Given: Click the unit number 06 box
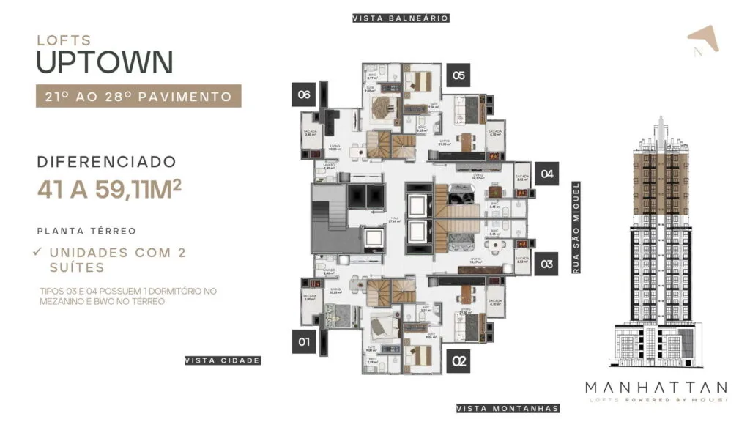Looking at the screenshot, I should click(x=304, y=95).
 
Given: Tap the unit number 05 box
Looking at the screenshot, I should click(x=458, y=75).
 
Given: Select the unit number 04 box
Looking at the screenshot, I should click(x=546, y=174).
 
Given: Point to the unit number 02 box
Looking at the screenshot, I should click(x=459, y=360).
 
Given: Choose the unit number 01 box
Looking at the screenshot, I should click(x=304, y=341).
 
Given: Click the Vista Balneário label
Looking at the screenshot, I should click(x=400, y=18).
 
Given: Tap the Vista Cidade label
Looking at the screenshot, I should click(x=223, y=360).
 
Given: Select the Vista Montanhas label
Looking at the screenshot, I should click(x=507, y=408).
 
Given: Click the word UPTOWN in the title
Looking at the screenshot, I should click(x=104, y=62).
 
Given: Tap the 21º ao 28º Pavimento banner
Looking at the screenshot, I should click(x=138, y=96).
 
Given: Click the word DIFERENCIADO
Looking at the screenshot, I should click(x=106, y=161).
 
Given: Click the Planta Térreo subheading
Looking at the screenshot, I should click(x=86, y=231).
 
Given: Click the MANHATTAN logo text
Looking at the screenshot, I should click(x=656, y=387).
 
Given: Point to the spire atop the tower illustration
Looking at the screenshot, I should click(x=660, y=128).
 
